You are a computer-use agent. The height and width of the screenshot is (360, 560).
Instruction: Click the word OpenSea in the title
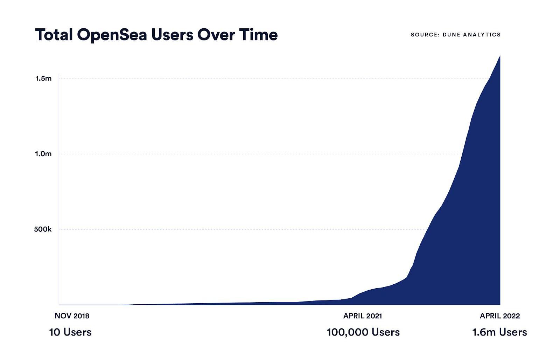pos(112,35)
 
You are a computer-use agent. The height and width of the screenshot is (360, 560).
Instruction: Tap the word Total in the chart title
pos(54,35)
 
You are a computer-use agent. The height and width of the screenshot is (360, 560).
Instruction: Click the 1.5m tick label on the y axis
pos(43,78)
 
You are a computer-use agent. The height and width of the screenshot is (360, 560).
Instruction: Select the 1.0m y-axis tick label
pos(43,154)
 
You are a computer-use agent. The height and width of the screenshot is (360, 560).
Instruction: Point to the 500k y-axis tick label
pos(43,229)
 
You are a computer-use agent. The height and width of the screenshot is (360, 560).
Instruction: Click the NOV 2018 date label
pos(72,316)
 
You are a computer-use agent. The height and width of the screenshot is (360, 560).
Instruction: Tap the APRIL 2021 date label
pos(363,316)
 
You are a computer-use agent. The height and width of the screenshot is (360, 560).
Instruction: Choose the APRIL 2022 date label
pos(500,316)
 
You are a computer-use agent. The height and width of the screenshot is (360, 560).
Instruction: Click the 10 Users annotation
pos(70,332)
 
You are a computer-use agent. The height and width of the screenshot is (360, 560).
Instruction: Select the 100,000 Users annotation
pos(363,332)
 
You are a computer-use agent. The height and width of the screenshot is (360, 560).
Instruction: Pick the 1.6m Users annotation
pos(499,332)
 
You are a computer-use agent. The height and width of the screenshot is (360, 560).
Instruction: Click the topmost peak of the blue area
pos(499,56)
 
